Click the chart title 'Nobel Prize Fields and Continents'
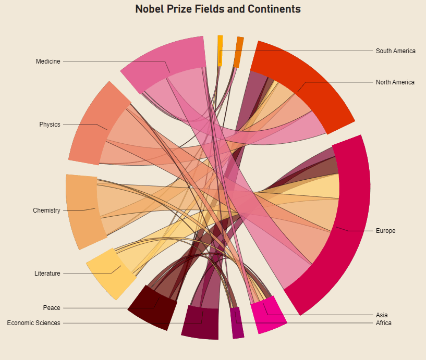click(218, 9)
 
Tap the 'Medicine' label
click(48, 61)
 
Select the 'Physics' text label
click(50, 125)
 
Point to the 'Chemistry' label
click(46, 210)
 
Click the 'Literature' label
click(47, 274)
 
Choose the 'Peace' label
click(52, 308)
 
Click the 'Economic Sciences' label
click(34, 323)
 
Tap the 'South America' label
click(396, 51)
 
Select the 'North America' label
click(395, 82)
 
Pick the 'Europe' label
click(385, 231)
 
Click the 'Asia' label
click(382, 315)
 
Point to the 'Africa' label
click(383, 323)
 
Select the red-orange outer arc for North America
click(312, 79)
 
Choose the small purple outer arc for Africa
click(237, 323)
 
